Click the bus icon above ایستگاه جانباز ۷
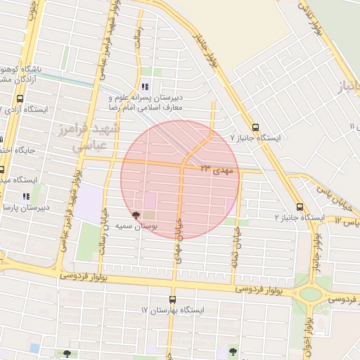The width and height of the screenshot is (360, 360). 255,127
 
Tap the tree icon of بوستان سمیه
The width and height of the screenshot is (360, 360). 136,214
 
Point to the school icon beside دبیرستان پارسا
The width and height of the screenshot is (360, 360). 25,196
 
